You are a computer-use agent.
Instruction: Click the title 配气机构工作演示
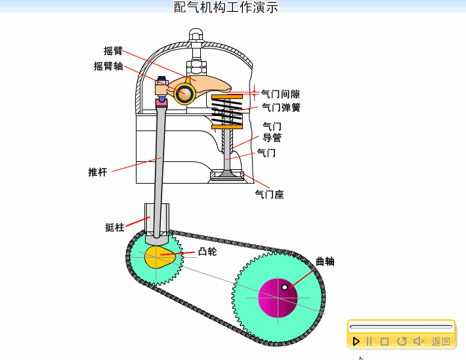click(226, 7)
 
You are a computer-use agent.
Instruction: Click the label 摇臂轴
click(108, 66)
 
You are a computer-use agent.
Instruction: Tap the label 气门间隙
click(280, 94)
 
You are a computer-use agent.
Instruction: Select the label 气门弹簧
click(280, 108)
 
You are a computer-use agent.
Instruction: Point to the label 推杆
click(97, 172)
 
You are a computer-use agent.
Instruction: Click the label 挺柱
click(114, 228)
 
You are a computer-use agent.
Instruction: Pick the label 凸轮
click(207, 251)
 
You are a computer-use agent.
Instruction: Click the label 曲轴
click(325, 261)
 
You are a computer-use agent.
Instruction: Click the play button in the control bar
click(356, 341)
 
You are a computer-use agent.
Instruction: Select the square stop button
click(385, 341)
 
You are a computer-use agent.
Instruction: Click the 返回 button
click(441, 342)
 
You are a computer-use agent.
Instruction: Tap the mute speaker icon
click(418, 341)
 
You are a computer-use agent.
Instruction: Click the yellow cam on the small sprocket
click(159, 258)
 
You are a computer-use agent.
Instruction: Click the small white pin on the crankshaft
click(285, 287)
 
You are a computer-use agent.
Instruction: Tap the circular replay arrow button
click(402, 341)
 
